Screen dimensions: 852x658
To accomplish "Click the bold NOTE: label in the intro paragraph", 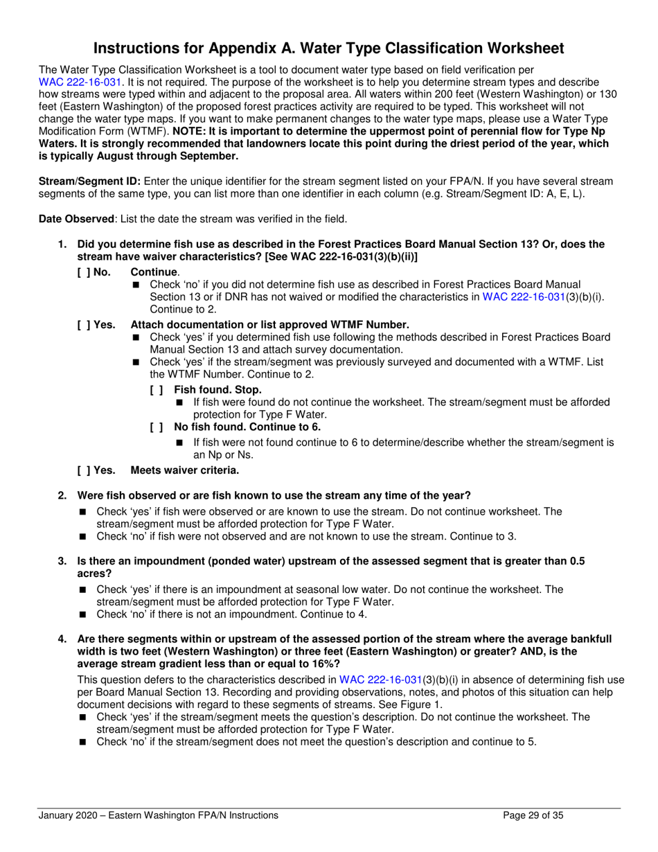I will [x=193, y=130].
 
